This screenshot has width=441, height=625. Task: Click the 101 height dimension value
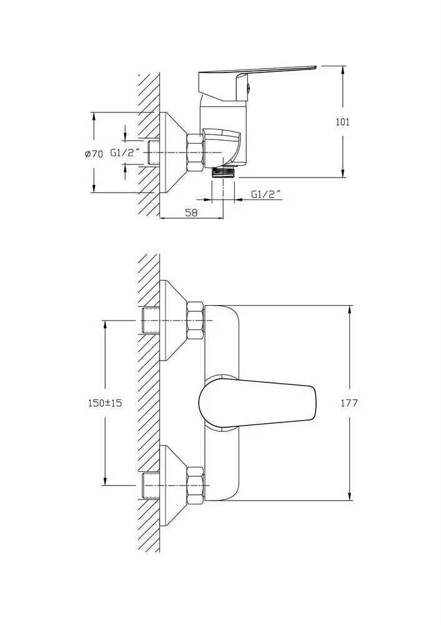coord(342,122)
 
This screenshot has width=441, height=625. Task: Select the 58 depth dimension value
coord(192,212)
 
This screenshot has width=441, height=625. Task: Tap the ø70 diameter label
coord(94,154)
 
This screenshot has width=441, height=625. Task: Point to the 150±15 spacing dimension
coord(105,403)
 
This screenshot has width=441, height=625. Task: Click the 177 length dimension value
coord(349,403)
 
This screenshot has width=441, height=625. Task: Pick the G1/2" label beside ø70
coord(125,152)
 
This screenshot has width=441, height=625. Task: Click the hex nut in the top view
coord(195,153)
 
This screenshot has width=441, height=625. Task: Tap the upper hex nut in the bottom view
coord(196,321)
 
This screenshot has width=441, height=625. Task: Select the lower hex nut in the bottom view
coord(196,485)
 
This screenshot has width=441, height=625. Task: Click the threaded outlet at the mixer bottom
coord(223,172)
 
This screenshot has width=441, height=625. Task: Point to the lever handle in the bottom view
coord(257,402)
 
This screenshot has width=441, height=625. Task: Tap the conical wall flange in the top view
coord(172,152)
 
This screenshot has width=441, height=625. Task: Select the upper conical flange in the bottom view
coord(172,321)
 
